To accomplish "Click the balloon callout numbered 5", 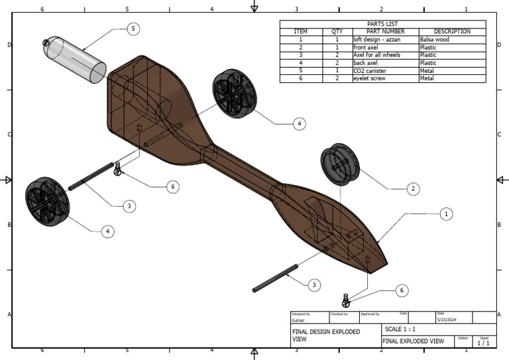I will click(135, 29).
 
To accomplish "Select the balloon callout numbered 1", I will click(446, 214).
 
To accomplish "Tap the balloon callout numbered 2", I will click(412, 189).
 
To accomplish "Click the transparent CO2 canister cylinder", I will click(76, 60).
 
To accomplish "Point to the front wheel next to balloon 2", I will click(339, 164).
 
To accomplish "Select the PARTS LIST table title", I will click(382, 24).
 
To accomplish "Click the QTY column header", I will click(337, 31).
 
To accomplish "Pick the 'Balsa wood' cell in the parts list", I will click(435, 39).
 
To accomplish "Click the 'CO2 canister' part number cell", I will click(372, 70).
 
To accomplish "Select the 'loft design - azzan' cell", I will click(379, 39).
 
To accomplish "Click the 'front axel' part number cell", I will click(368, 47).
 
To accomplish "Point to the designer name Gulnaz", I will click(299, 320).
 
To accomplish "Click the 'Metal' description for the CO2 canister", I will click(428, 70).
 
